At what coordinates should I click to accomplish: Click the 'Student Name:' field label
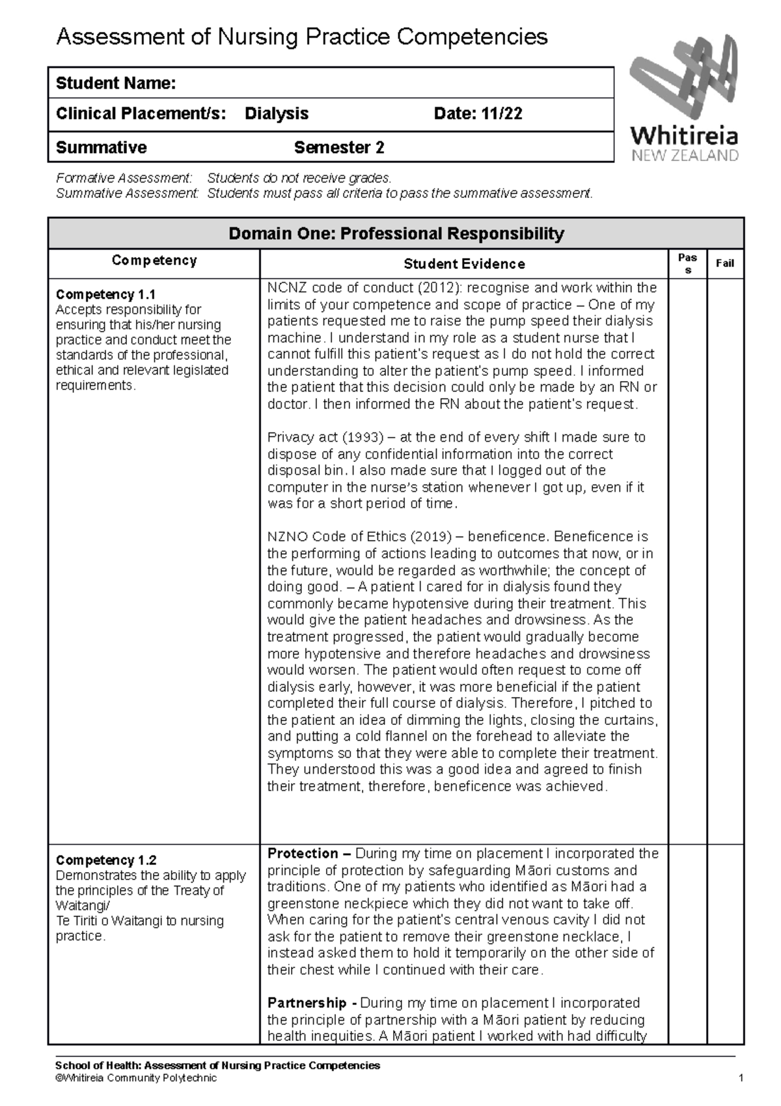pos(115,83)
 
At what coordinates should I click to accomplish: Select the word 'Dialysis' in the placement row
pos(277,114)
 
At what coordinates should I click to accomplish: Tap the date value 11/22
pos(501,114)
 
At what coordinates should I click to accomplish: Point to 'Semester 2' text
pos(339,148)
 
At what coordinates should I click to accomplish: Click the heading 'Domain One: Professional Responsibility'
pos(396,234)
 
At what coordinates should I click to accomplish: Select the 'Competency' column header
pos(154,261)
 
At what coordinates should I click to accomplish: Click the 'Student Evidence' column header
pos(464,264)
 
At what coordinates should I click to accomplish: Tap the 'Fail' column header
pos(724,263)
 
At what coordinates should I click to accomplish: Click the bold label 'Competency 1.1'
pos(105,294)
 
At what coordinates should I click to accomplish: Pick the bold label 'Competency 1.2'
pos(105,860)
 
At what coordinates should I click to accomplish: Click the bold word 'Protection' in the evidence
pos(303,853)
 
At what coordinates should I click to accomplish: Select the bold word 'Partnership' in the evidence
pos(307,1003)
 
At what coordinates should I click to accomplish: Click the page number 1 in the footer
pos(741,1079)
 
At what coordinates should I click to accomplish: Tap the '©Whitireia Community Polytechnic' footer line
pos(136,1079)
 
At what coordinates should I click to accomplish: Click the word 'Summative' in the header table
pos(101,148)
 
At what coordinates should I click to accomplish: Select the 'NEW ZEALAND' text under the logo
pos(685,156)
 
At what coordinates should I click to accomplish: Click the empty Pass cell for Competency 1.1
pos(687,560)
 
